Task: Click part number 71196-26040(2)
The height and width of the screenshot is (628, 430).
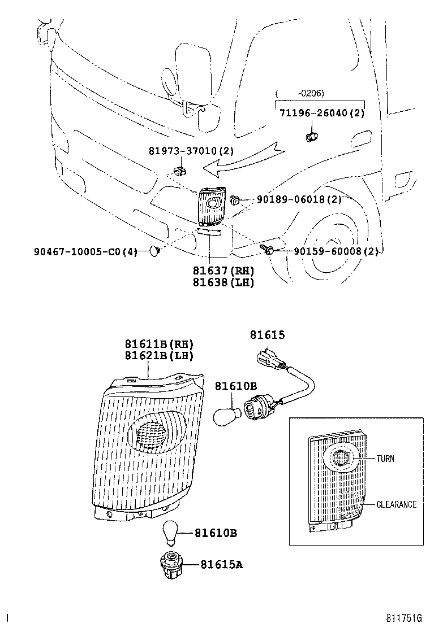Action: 321,113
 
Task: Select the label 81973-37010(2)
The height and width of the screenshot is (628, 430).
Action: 191,151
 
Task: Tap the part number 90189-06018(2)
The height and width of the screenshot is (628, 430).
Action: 299,199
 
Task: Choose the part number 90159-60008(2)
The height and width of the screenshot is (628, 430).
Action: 336,251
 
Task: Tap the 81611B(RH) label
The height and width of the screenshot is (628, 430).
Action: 159,344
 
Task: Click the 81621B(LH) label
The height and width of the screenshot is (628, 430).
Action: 159,356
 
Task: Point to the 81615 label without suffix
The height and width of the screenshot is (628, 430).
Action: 267,335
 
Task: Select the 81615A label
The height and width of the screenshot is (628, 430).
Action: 221,564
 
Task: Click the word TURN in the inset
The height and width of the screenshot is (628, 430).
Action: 385,459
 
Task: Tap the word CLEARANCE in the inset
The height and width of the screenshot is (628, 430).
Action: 396,504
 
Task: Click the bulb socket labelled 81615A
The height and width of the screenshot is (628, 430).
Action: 171,563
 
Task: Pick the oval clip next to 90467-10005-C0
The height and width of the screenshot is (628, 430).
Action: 154,250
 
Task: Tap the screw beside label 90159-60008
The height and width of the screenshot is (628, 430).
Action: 266,248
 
